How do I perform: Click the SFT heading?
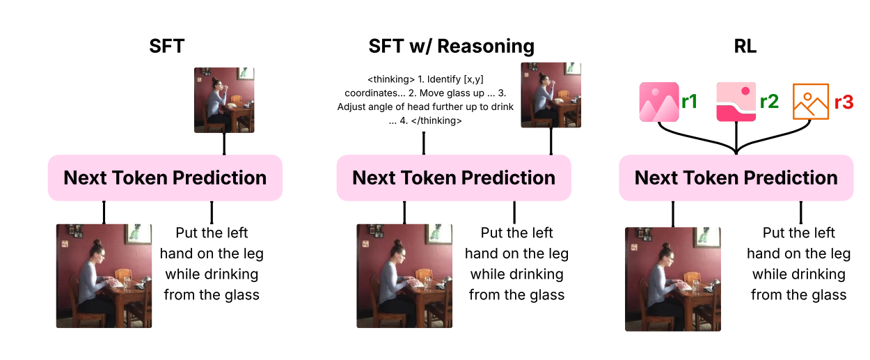pyautogui.click(x=166, y=46)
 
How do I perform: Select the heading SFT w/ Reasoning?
pyautogui.click(x=451, y=47)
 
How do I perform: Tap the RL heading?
pyautogui.click(x=745, y=46)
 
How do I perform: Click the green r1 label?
pyautogui.click(x=690, y=102)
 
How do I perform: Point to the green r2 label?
pyautogui.click(x=769, y=102)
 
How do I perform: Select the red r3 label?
pyautogui.click(x=844, y=102)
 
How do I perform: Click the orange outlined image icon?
pyautogui.click(x=811, y=102)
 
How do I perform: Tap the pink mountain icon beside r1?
pyautogui.click(x=659, y=102)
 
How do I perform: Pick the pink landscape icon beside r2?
pyautogui.click(x=736, y=102)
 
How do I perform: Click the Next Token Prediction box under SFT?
pyautogui.click(x=165, y=178)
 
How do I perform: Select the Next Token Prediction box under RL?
pyautogui.click(x=736, y=178)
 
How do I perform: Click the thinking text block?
pyautogui.click(x=425, y=100)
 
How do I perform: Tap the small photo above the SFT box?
pyautogui.click(x=224, y=100)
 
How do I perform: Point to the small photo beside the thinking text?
pyautogui.click(x=551, y=95)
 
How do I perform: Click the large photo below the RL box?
pyautogui.click(x=673, y=279)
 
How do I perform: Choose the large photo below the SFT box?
pyautogui.click(x=104, y=276)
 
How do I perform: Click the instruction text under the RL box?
pyautogui.click(x=798, y=264)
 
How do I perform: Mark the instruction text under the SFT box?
pyautogui.click(x=212, y=264)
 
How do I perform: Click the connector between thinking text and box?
pyautogui.click(x=424, y=143)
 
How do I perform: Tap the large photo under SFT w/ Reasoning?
pyautogui.click(x=404, y=276)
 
